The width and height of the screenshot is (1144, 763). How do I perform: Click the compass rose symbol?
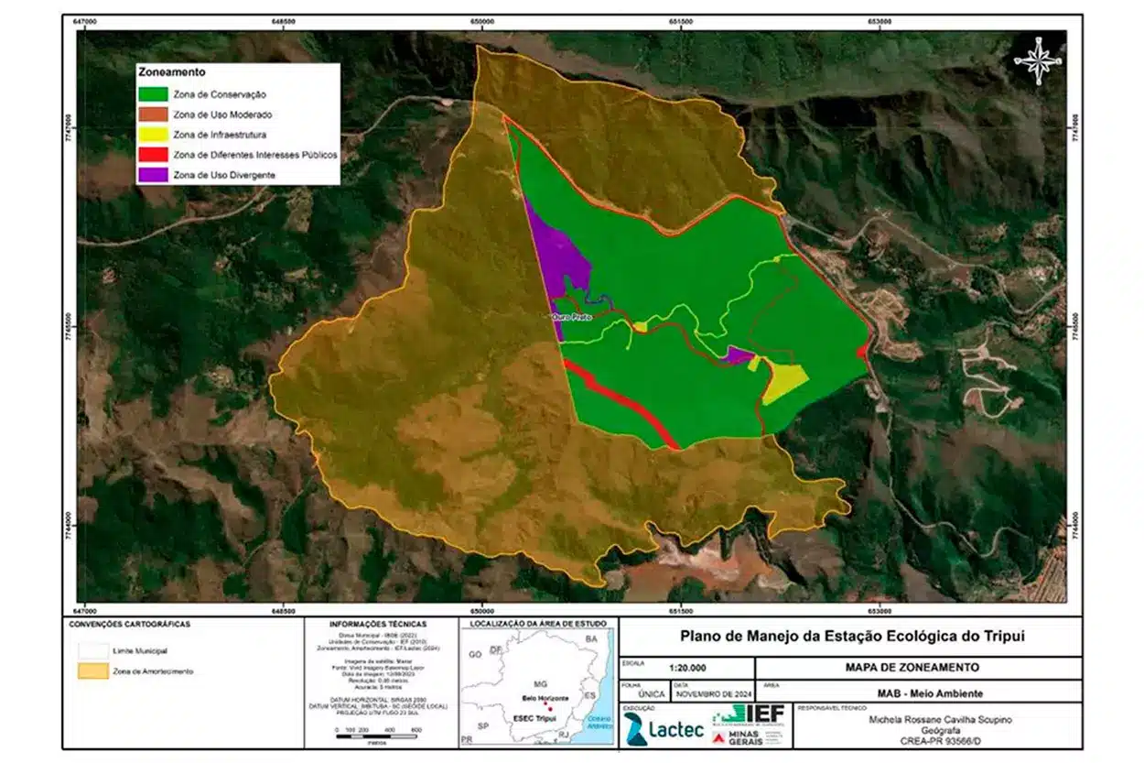(x=1038, y=60)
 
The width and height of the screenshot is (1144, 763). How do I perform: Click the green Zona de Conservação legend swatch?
(x=153, y=93)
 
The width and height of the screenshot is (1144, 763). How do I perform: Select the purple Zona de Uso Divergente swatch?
(x=153, y=175)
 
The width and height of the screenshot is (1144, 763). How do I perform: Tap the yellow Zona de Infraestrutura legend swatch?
(x=153, y=135)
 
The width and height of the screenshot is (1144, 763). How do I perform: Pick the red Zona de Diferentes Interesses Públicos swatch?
(x=153, y=155)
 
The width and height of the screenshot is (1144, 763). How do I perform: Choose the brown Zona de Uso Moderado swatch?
(x=153, y=114)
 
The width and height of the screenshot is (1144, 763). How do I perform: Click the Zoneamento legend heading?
(x=171, y=71)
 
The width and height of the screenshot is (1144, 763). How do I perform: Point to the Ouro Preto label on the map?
(x=571, y=318)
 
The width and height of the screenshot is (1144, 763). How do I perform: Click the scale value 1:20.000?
(x=693, y=668)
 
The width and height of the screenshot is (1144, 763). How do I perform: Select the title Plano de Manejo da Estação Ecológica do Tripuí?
(x=849, y=637)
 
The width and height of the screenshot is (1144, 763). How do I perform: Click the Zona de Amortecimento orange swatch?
(x=90, y=671)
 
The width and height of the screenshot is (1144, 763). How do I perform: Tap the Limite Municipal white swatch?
(x=90, y=649)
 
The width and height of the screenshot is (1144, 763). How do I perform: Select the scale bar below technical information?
(x=377, y=729)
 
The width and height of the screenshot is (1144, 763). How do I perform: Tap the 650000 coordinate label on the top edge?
(x=482, y=22)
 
